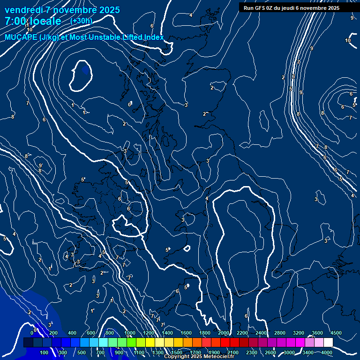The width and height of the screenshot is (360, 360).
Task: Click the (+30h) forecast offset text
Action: click(x=81, y=21)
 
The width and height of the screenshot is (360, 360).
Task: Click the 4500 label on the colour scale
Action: click(x=336, y=333)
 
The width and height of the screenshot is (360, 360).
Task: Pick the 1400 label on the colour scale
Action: click(x=167, y=333)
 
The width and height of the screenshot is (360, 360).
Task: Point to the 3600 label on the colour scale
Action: click(x=317, y=333)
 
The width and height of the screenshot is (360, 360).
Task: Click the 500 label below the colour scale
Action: click(x=82, y=352)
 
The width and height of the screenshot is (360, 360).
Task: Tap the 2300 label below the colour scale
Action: click(x=252, y=352)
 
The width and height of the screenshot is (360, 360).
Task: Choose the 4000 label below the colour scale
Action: click(x=327, y=352)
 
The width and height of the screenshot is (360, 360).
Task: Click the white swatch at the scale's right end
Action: click(x=328, y=343)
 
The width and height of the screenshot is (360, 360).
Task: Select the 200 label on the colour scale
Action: click(x=53, y=333)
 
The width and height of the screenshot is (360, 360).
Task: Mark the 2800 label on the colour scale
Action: click(x=280, y=333)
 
